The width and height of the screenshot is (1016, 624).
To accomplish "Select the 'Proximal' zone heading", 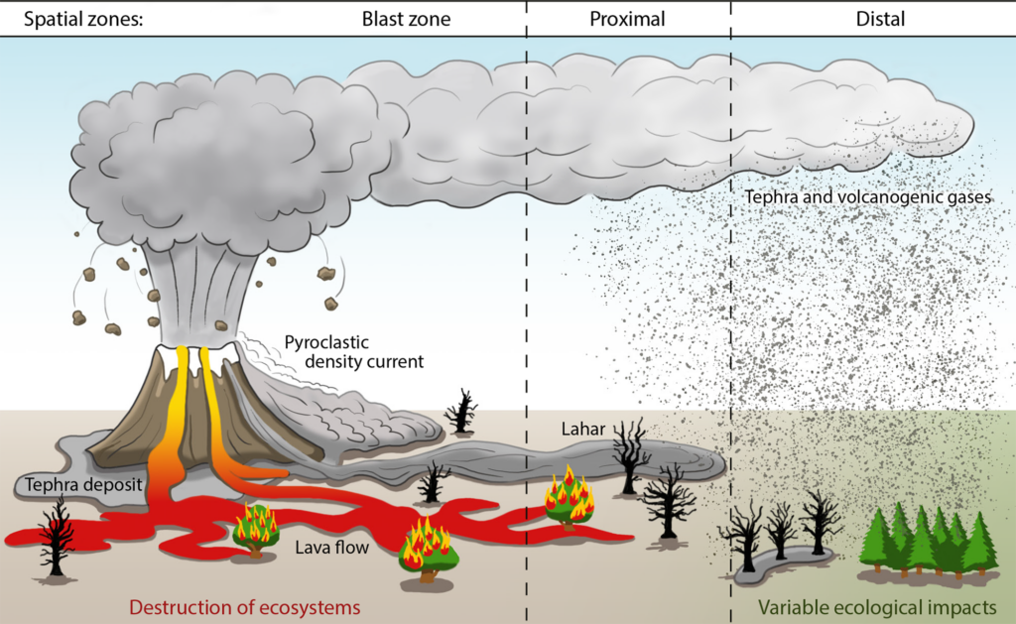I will (627, 19).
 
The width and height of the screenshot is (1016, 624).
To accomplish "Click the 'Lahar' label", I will (579, 430).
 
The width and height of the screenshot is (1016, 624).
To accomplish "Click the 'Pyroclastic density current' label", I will (353, 351).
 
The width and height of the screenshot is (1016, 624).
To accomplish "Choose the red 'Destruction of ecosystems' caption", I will (244, 605).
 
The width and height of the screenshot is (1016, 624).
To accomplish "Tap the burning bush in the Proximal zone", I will (570, 496).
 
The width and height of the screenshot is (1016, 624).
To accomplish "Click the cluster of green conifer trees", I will (928, 541).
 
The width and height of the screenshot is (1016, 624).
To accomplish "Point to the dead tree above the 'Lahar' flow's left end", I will (460, 410).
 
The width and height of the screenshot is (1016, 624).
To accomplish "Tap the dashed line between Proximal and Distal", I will (731, 298).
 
